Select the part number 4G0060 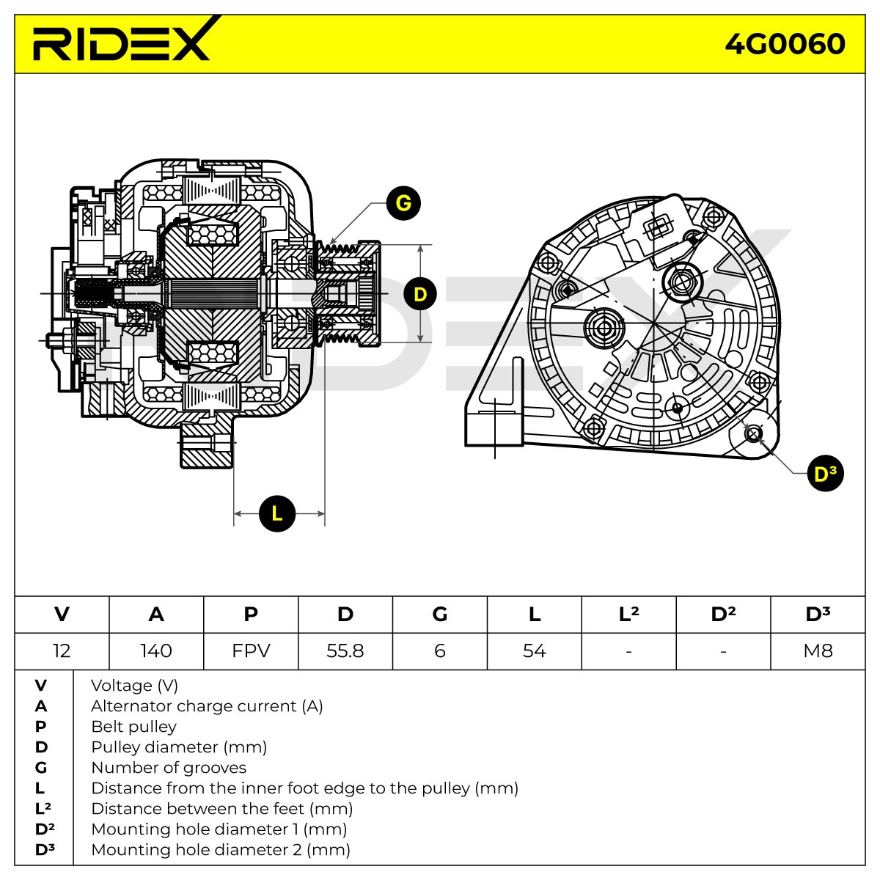(x=785, y=44)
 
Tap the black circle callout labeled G (x=403, y=203)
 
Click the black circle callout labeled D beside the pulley (x=420, y=294)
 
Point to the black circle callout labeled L (x=276, y=514)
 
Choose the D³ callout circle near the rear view (x=826, y=474)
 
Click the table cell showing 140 (x=156, y=650)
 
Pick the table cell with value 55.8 (x=345, y=650)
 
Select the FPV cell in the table (x=251, y=650)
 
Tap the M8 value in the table (x=818, y=650)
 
